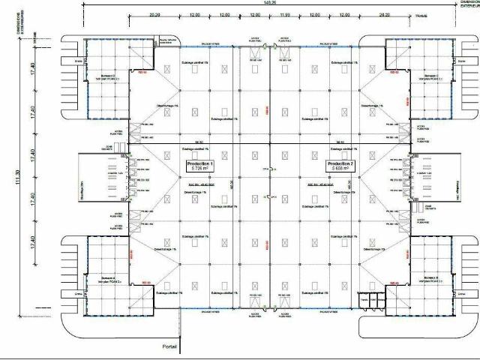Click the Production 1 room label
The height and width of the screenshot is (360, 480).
(x=200, y=163)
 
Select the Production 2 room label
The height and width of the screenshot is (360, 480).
(x=340, y=163)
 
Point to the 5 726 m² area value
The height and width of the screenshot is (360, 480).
(x=200, y=169)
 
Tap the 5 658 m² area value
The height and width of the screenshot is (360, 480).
(x=340, y=169)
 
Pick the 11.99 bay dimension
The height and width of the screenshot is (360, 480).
(x=284, y=14)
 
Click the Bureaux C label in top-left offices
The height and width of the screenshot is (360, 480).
(x=106, y=76)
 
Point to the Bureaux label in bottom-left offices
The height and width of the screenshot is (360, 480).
(x=106, y=278)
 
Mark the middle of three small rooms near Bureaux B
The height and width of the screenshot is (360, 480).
(x=373, y=300)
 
